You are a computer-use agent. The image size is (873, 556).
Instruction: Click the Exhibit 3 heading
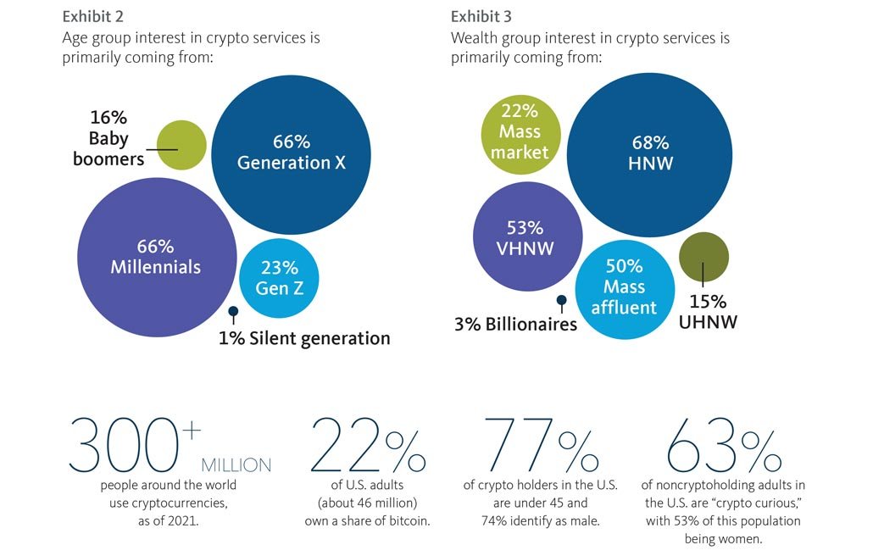click(x=481, y=17)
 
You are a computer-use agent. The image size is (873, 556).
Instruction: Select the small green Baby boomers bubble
click(x=182, y=145)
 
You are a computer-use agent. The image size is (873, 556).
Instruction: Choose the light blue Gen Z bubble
click(x=279, y=277)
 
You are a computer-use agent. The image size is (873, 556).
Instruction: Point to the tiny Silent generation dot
click(x=233, y=311)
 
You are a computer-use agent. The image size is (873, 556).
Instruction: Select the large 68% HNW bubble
click(x=650, y=153)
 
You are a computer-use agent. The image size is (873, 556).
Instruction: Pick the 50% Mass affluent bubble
click(x=625, y=288)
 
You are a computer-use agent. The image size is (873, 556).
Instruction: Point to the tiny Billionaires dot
click(x=560, y=299)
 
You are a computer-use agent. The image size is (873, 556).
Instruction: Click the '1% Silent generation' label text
click(x=304, y=338)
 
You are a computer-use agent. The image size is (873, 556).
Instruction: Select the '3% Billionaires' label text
click(x=514, y=324)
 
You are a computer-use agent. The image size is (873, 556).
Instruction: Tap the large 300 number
click(x=125, y=443)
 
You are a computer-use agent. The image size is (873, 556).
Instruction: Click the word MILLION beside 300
click(x=236, y=465)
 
